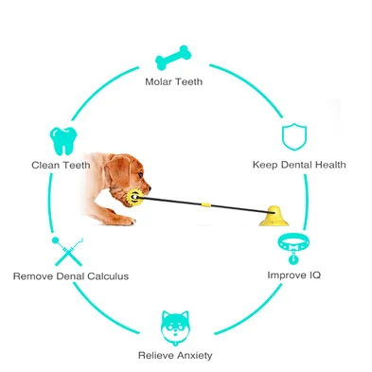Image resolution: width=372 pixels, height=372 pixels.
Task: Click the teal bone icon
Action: pyautogui.click(x=173, y=58)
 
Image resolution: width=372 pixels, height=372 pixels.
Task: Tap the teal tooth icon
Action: pyautogui.click(x=63, y=141)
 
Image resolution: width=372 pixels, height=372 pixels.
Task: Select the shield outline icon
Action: pyautogui.click(x=294, y=137)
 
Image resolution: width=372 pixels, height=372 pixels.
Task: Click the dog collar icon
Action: pyautogui.click(x=293, y=247)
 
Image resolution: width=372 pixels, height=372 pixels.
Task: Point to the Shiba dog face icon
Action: pyautogui.click(x=175, y=328)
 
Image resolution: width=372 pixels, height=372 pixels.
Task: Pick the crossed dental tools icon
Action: pyautogui.click(x=67, y=251)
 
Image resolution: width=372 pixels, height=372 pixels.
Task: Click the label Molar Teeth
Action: pyautogui.click(x=173, y=82)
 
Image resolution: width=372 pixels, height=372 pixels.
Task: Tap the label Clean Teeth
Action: pyautogui.click(x=61, y=165)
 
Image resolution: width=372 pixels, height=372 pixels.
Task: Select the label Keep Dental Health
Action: pyautogui.click(x=299, y=165)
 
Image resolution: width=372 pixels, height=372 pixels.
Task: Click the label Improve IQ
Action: pyautogui.click(x=293, y=275)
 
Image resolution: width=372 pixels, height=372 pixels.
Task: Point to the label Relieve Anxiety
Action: pyautogui.click(x=175, y=355)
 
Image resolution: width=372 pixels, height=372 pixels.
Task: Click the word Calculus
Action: pyautogui.click(x=108, y=276)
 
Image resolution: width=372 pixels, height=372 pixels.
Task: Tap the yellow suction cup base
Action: pyautogui.click(x=274, y=217)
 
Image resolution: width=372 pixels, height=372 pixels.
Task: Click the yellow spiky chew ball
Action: pyautogui.click(x=134, y=198)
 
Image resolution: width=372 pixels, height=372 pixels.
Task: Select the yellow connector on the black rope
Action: pyautogui.click(x=206, y=204)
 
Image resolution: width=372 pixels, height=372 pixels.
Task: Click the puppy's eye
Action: pyautogui.click(x=140, y=174)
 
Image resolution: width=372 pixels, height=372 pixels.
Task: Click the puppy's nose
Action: pyautogui.click(x=150, y=188)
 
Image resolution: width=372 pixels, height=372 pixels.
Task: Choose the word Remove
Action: pyautogui.click(x=33, y=276)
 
